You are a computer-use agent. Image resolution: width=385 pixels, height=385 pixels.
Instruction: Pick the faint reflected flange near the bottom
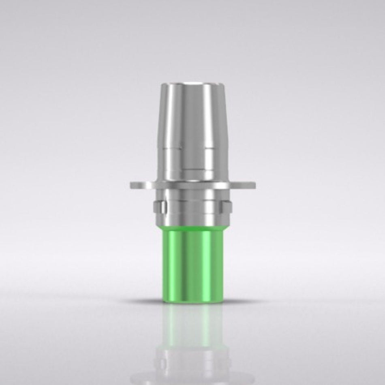193,367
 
